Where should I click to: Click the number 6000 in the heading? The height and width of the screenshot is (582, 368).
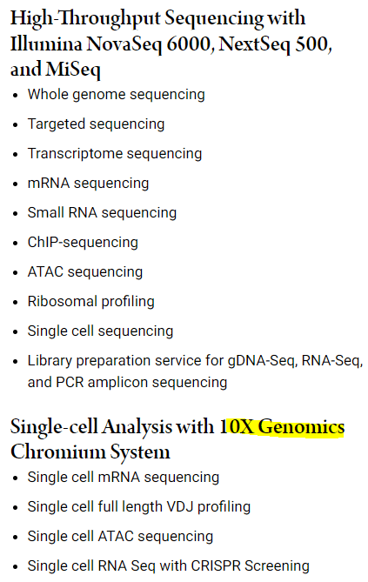tap(189, 44)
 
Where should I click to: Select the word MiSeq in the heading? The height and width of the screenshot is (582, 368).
tap(73, 70)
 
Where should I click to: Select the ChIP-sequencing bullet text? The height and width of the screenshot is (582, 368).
tap(83, 243)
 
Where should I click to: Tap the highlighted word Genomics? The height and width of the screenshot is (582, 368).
tap(302, 427)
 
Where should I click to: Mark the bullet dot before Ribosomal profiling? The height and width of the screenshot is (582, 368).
tap(16, 302)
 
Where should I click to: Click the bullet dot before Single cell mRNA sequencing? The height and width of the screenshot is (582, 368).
tap(16, 478)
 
